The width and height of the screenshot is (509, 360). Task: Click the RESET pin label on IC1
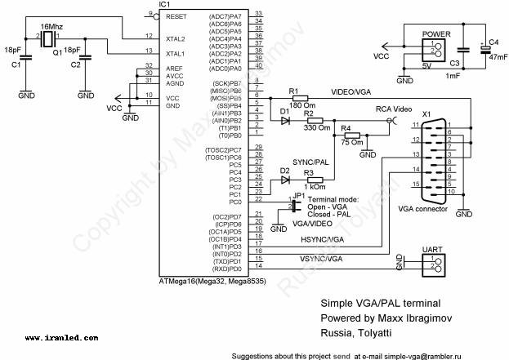click(176, 16)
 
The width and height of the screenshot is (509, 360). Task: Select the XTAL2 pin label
click(176, 38)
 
